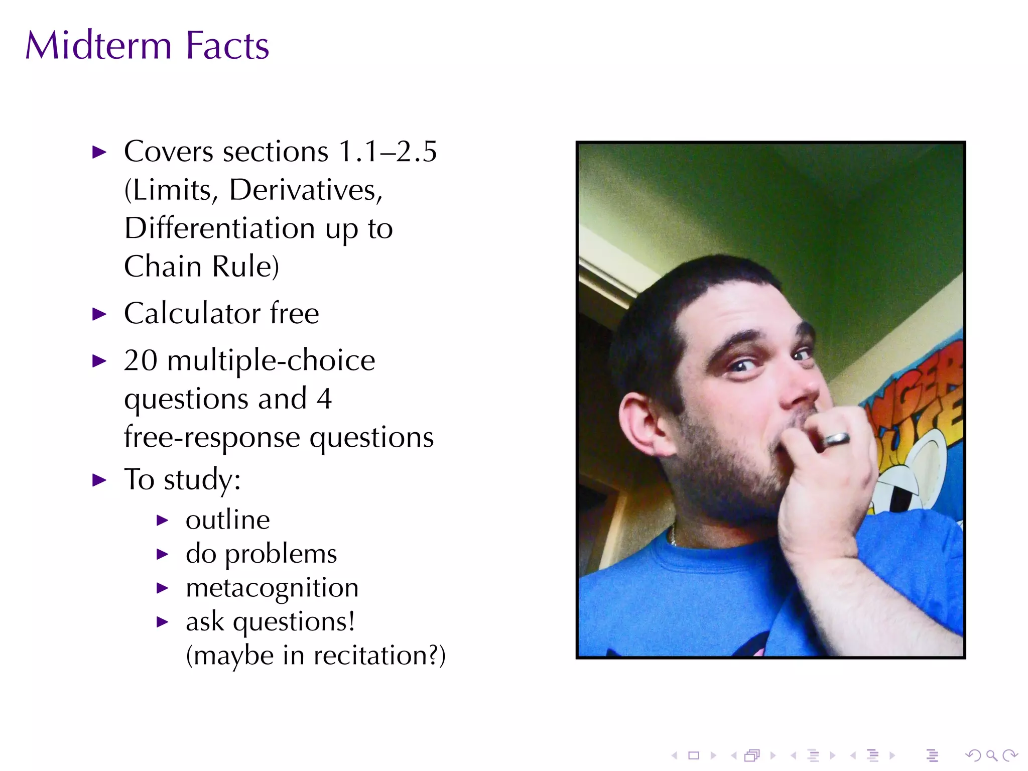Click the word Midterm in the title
tap(98, 46)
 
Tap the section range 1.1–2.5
tap(388, 152)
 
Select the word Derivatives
tap(305, 190)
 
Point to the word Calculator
tap(192, 314)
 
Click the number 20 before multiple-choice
tap(141, 360)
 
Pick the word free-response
tap(213, 437)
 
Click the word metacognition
tap(272, 588)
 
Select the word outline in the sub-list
tap(227, 520)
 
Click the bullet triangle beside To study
tap(100, 480)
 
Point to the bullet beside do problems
tap(162, 555)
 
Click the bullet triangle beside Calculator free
tap(100, 315)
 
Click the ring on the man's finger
tap(836, 439)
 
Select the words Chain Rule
tap(201, 267)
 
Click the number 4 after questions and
tap(324, 399)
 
